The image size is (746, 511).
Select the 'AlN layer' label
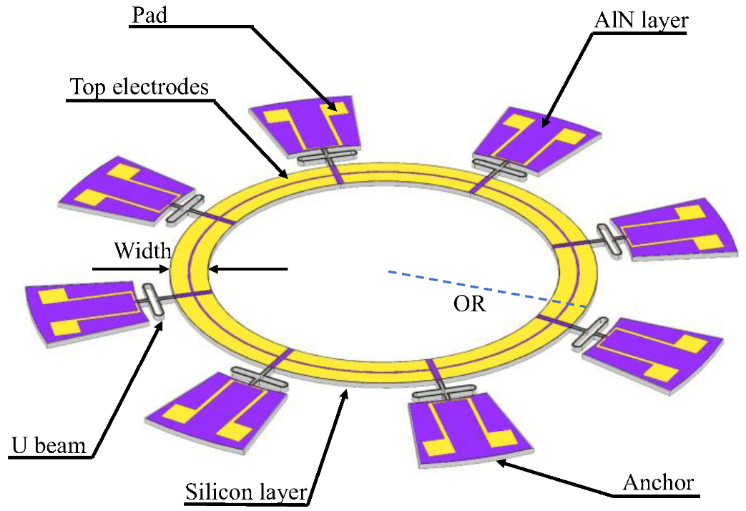point(641,21)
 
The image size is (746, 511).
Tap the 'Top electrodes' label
point(139,87)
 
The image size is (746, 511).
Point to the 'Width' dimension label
point(142,250)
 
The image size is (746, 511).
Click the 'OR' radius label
point(470,304)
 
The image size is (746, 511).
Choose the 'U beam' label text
point(49,446)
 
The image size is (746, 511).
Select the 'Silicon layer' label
point(245,492)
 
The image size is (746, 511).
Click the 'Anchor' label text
point(658,482)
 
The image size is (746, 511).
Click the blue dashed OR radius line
point(486,290)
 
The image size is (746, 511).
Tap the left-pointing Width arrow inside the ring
point(248,270)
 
